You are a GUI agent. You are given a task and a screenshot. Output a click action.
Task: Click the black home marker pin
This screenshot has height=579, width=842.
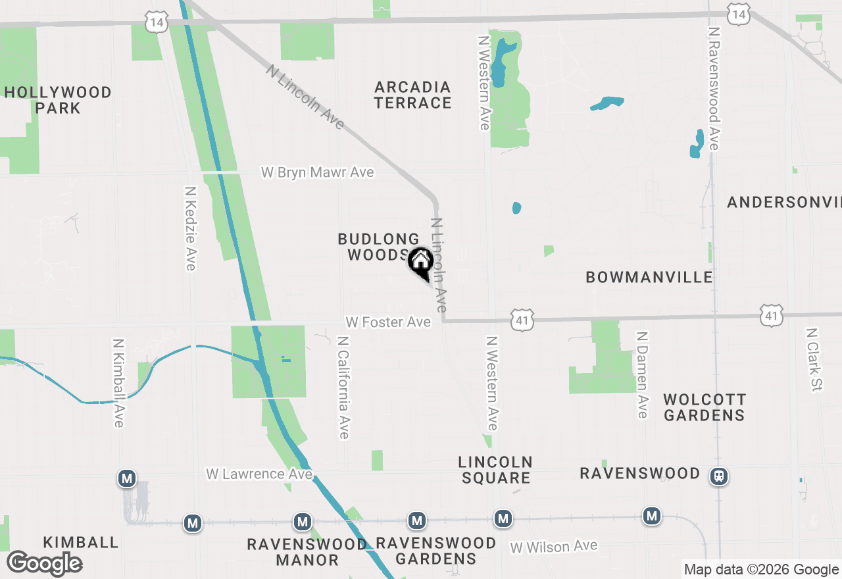click(x=420, y=263)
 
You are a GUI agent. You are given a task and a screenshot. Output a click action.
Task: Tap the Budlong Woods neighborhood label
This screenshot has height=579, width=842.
click(x=378, y=247)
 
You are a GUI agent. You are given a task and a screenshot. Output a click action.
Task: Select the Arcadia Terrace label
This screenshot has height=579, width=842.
click(x=413, y=95)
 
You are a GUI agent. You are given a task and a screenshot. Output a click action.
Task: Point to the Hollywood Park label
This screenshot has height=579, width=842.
click(x=58, y=100)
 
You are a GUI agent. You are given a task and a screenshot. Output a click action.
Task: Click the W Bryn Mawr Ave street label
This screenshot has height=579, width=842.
click(x=318, y=172)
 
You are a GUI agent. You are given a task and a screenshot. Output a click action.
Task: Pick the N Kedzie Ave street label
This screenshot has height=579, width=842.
click(x=191, y=228)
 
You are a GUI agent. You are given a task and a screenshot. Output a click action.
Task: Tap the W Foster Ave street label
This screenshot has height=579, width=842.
click(x=388, y=322)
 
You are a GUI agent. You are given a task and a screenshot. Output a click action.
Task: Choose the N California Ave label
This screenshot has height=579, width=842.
click(x=343, y=388)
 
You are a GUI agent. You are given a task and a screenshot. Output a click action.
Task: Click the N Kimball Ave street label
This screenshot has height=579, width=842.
click(x=118, y=383)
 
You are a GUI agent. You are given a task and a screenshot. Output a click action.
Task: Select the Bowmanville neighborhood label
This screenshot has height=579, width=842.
click(x=649, y=277)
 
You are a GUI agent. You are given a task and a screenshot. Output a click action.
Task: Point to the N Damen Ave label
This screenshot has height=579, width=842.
click(x=642, y=374)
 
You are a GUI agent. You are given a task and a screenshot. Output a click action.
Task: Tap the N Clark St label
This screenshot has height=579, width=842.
click(x=814, y=359)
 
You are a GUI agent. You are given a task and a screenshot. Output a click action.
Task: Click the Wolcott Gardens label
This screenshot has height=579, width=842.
click(x=705, y=407)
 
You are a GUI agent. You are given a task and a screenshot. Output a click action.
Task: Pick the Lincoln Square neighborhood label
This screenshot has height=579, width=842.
click(x=495, y=470)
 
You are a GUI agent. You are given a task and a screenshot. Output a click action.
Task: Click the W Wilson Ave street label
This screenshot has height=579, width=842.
click(x=553, y=546)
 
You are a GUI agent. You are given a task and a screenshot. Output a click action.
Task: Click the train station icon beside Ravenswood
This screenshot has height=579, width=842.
click(x=719, y=476)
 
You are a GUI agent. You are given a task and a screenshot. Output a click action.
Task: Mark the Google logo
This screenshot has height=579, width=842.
click(x=45, y=564)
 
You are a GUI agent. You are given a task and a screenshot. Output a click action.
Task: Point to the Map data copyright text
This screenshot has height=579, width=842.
click(x=760, y=570)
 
